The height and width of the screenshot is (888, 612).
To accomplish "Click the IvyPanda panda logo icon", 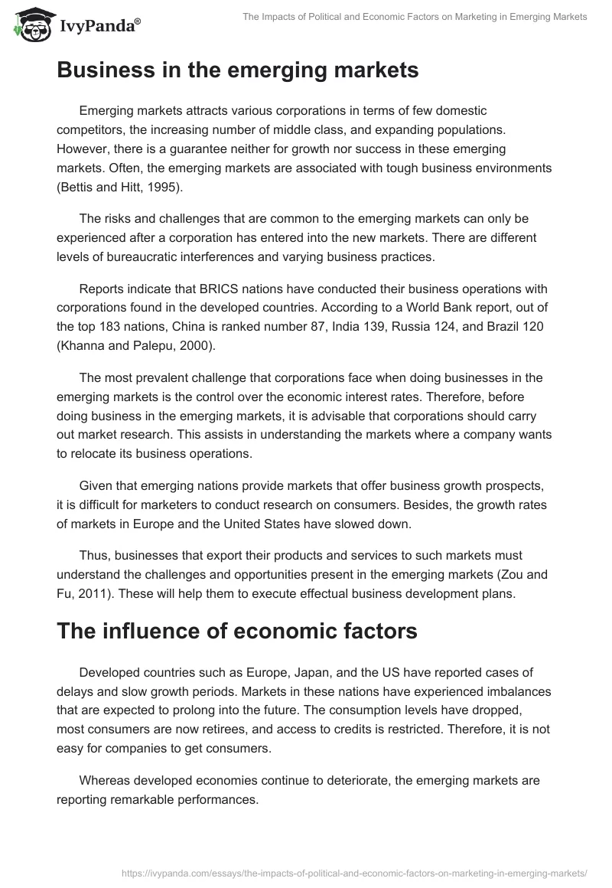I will [x=30, y=25].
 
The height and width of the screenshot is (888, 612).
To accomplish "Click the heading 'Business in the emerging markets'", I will [x=237, y=70].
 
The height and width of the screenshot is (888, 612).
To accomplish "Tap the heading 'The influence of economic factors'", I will [x=237, y=631].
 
